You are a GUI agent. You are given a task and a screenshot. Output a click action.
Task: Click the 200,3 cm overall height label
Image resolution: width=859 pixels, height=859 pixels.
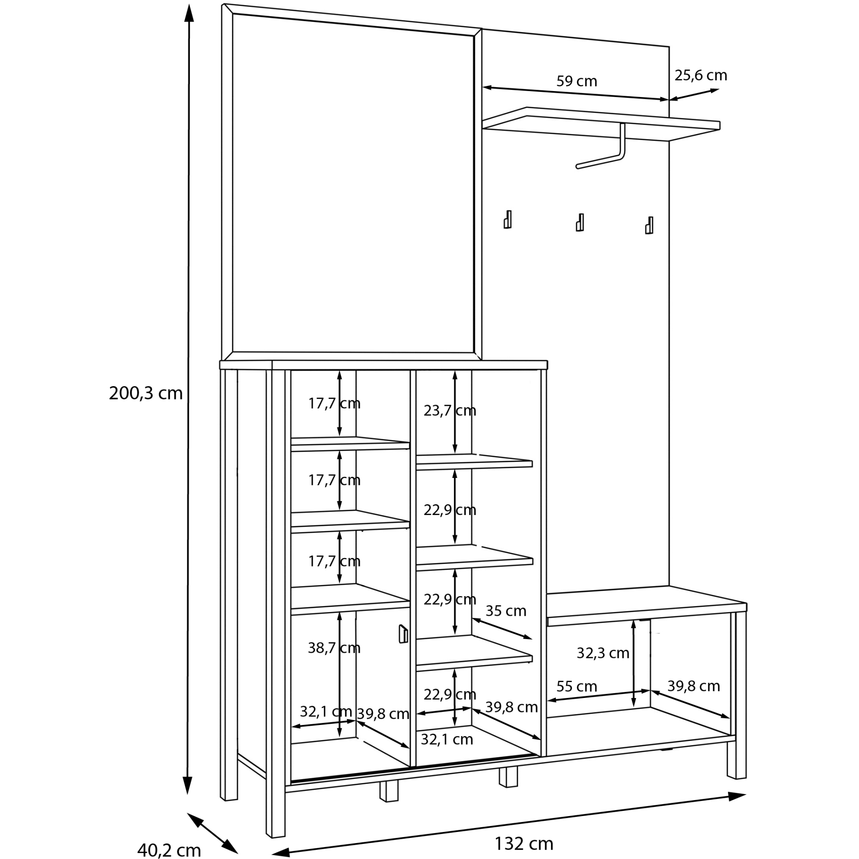146,393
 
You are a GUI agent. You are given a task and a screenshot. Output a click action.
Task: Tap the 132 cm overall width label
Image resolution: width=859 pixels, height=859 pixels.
524,844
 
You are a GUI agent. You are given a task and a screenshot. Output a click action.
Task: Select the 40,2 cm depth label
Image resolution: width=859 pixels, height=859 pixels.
168,850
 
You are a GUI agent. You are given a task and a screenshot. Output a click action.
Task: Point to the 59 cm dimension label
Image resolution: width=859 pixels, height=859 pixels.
577,81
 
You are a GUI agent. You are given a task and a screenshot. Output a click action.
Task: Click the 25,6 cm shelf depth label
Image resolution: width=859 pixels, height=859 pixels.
701,76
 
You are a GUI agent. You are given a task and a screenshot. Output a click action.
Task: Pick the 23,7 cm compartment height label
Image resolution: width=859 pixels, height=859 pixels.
450,410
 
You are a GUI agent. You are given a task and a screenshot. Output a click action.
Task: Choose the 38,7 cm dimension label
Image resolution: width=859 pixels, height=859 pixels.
334,648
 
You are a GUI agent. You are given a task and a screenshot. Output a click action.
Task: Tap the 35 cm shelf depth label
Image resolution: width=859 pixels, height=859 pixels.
506,611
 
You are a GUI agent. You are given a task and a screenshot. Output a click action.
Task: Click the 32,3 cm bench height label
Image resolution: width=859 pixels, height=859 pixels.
603,653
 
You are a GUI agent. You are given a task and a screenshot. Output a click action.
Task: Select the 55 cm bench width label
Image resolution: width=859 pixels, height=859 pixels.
576,687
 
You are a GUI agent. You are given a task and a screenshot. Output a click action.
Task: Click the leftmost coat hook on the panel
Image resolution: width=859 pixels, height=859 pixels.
507,219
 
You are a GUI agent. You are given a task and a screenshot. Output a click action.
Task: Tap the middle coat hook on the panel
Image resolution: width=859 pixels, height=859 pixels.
580,223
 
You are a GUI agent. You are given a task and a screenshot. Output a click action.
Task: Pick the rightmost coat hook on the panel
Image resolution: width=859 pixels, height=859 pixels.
649,225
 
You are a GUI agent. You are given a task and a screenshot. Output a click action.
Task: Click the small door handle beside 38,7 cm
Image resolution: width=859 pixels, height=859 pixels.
403,634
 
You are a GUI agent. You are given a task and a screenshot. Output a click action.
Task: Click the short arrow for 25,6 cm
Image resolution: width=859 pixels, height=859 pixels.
694,94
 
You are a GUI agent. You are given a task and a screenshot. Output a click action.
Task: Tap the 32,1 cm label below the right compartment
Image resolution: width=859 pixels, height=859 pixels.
446,740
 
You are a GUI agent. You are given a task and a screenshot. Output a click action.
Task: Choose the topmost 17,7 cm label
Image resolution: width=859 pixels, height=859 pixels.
334,404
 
